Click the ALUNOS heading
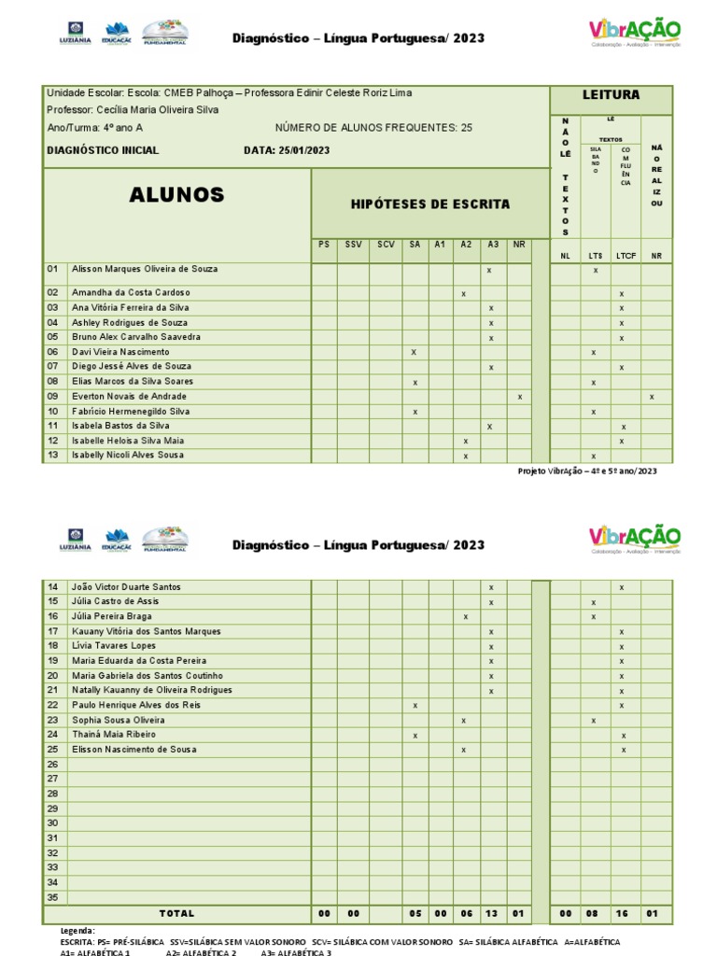pyautogui.click(x=176, y=195)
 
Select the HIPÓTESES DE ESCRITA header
pyautogui.click(x=429, y=204)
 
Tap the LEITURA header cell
pyautogui.click(x=611, y=95)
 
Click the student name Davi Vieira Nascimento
pyautogui.click(x=120, y=352)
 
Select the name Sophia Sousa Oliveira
pyautogui.click(x=118, y=720)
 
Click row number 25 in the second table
pyautogui.click(x=53, y=750)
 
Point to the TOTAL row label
pyautogui.click(x=177, y=913)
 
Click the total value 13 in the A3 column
pyautogui.click(x=491, y=913)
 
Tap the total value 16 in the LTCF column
pyautogui.click(x=623, y=913)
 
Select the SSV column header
pyautogui.click(x=353, y=245)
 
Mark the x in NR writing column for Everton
pyautogui.click(x=519, y=397)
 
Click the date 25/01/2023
pyautogui.click(x=303, y=150)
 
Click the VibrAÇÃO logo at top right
pyautogui.click(x=635, y=32)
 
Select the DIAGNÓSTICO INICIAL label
pyautogui.click(x=103, y=150)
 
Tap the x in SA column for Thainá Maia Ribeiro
pyautogui.click(x=415, y=736)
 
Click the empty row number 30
pyautogui.click(x=53, y=823)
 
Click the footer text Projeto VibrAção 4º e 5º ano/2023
pyautogui.click(x=587, y=471)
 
